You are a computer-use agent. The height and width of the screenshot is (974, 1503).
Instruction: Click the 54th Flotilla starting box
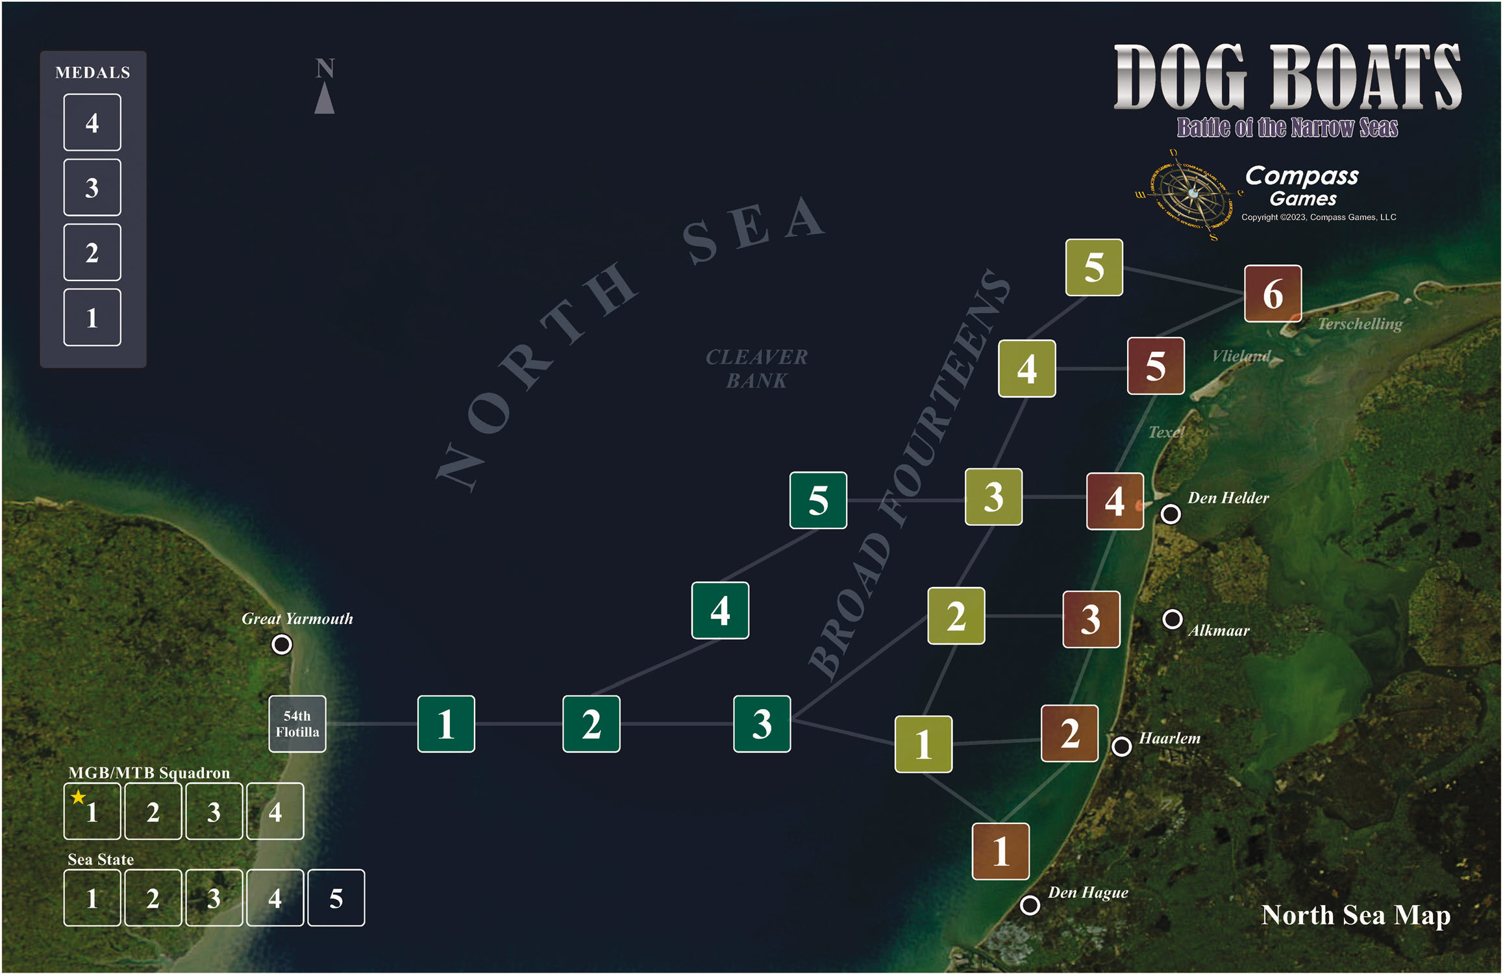pos(297,724)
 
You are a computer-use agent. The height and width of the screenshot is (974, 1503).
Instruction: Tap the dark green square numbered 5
pos(818,500)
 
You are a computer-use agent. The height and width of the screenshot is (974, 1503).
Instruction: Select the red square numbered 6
pos(1273,293)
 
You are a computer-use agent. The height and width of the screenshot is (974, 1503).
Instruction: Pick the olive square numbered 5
pos(1094,268)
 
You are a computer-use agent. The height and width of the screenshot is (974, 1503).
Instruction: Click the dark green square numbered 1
pos(446,724)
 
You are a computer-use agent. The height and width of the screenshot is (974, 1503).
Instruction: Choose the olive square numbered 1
pos(923,744)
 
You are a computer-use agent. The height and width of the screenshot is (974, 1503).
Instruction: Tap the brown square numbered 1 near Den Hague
pos(1000,851)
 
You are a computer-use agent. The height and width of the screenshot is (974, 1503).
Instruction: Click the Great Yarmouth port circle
pos(282,645)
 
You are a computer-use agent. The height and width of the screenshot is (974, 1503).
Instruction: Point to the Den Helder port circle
pos(1171,514)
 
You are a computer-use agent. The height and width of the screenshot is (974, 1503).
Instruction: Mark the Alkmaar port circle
pos(1172,619)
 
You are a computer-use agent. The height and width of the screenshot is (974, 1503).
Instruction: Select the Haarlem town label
pos(1169,738)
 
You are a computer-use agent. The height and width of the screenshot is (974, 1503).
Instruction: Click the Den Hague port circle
pos(1030,905)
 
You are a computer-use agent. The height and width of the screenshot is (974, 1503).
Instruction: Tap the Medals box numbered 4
pos(92,123)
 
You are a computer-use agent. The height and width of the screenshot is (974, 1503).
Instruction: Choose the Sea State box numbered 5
pos(336,898)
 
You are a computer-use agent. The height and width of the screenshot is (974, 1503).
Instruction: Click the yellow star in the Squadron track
pos(78,797)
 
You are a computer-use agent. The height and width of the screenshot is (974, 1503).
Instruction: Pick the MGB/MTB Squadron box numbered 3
pos(214,812)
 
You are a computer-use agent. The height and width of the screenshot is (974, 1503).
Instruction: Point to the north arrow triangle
pos(325,99)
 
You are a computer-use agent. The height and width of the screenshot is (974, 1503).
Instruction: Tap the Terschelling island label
pos(1360,324)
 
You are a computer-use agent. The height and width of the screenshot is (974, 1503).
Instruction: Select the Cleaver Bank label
pos(756,369)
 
